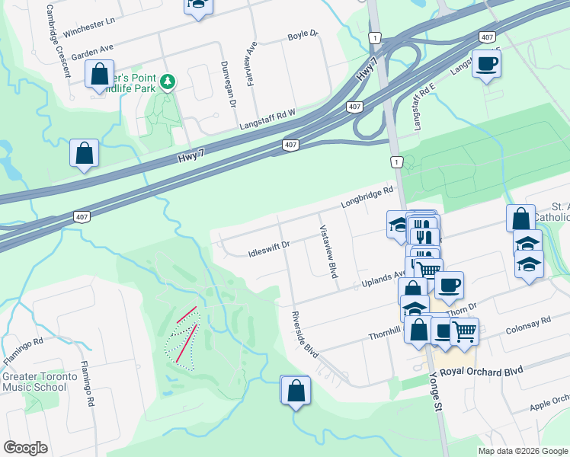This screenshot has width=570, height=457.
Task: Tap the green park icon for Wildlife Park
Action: point(168,81)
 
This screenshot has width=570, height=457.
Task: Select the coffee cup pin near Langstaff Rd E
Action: point(486,64)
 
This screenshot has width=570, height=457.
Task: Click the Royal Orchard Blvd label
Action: point(487,371)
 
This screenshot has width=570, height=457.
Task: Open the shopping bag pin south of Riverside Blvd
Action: point(296,391)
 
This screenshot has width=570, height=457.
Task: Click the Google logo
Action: point(25,447)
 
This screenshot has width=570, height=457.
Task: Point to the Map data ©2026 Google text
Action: point(522,451)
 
